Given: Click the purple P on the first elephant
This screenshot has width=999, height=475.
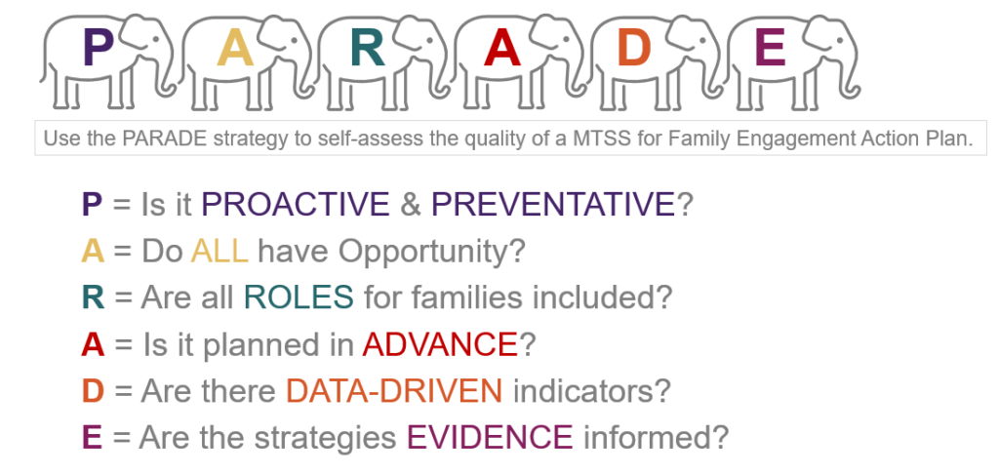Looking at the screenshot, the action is pos(99,49).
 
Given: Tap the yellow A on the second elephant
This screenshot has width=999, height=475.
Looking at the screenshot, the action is pos(235,49).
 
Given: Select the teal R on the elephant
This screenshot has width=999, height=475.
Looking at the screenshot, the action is pos(368,49).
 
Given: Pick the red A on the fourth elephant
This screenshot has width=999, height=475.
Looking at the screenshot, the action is pos(502,49).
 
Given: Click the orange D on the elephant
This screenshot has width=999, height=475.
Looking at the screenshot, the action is pos(634,49).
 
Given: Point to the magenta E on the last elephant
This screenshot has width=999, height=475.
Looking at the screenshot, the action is pos(770,49).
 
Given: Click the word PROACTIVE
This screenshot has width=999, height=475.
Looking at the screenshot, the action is pos(296,205).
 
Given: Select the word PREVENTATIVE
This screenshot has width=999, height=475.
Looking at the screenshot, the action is pos(553,205).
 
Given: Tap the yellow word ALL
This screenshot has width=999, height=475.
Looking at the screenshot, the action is pos(220,252).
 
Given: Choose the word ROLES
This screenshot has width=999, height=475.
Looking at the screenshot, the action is pos(299,297).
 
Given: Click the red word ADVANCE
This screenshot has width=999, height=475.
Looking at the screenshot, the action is pos(440,344).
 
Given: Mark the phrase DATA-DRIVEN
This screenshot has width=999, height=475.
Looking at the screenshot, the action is pos(394,391).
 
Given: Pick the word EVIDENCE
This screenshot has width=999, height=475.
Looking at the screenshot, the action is pos(490,437).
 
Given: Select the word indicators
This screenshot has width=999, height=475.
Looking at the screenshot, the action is pos(583,391).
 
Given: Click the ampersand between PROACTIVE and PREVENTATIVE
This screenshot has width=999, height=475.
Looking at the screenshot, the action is pos(411,205).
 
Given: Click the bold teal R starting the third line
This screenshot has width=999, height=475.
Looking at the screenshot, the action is pos(93,297).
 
